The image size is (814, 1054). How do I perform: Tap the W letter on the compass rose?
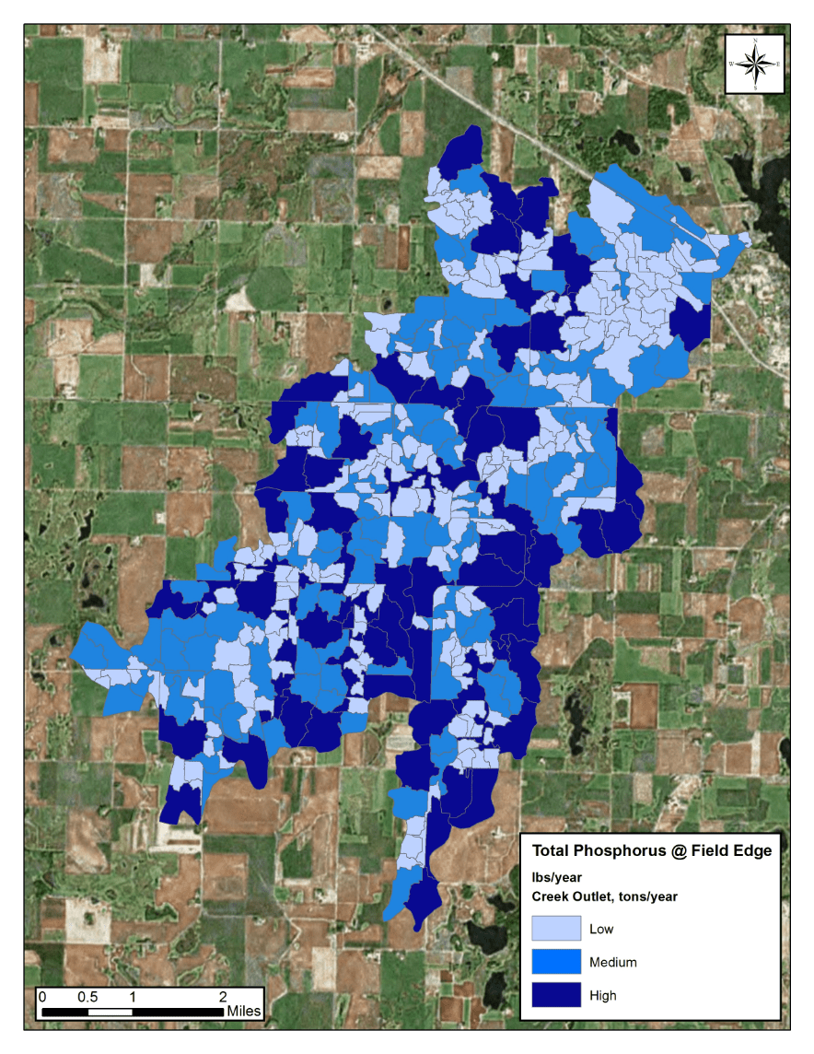click(x=731, y=64)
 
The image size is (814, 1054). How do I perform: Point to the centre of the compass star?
click(x=754, y=64)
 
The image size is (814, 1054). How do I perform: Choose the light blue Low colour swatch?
click(x=556, y=929)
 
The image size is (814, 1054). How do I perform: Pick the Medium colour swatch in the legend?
click(x=556, y=962)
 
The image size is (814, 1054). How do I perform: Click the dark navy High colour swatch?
click(x=556, y=995)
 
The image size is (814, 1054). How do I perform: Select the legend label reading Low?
click(x=601, y=929)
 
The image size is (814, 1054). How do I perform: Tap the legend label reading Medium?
click(x=612, y=962)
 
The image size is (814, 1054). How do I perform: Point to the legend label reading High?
click(x=603, y=995)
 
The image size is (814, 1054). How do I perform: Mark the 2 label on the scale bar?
click(x=223, y=997)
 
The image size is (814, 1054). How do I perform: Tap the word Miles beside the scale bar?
click(x=245, y=1011)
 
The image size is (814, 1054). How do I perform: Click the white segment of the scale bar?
click(x=110, y=1012)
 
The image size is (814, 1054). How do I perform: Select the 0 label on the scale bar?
click(x=41, y=997)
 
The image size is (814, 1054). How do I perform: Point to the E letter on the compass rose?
click(x=778, y=64)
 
